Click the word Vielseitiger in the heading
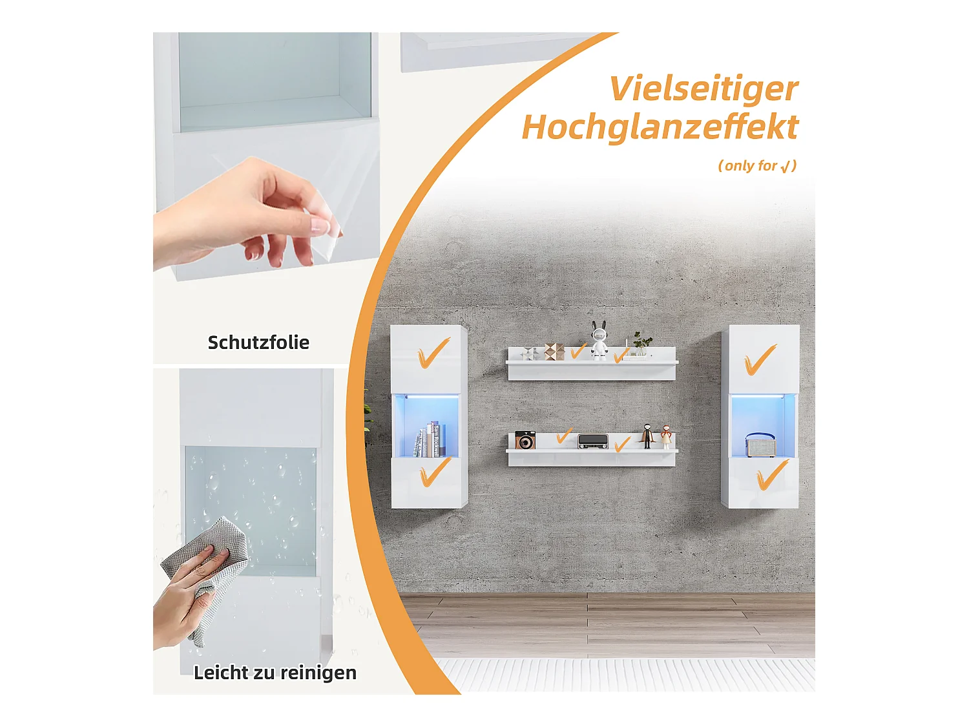coord(703,89)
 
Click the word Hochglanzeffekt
coord(660,127)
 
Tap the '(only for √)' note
coord(757,166)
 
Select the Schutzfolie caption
coord(258,342)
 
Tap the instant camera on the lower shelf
coord(525,440)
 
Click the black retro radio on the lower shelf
coord(592,441)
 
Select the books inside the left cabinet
coord(429,440)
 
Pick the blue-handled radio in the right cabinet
coord(761,445)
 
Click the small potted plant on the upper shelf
coord(641,343)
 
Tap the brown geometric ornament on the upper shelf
coord(554,351)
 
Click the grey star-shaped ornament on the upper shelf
coord(530,353)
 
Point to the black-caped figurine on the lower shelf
coord(647,436)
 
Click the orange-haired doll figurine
coord(665,437)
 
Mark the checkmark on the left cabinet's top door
coord(433,354)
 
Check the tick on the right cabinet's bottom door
coord(771,475)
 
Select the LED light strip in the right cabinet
coord(760,395)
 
